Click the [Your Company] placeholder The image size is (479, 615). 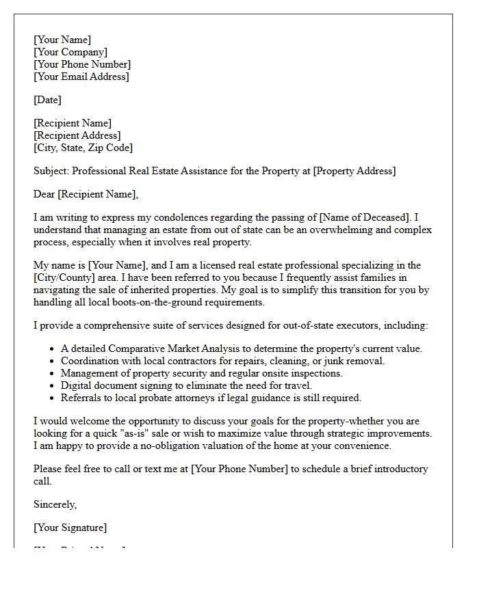70,52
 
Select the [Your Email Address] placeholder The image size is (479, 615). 81,77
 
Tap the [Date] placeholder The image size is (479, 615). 47,100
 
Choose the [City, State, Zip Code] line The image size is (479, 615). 83,148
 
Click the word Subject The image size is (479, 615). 51,171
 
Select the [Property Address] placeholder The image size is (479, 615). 354,171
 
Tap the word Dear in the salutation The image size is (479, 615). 44,194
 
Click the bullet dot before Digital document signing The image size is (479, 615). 52,385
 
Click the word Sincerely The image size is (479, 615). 55,504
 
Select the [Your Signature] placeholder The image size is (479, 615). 70,528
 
